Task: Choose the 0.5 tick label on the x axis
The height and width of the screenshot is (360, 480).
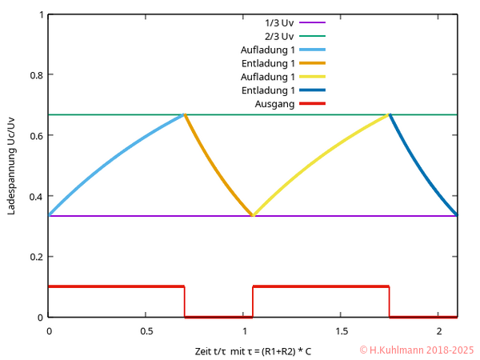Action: pyautogui.click(x=146, y=330)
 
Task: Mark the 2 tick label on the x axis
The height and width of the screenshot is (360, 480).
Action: pyautogui.click(x=438, y=330)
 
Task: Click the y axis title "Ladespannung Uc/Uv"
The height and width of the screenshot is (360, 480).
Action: pyautogui.click(x=11, y=166)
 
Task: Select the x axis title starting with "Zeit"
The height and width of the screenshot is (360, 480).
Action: pyautogui.click(x=252, y=351)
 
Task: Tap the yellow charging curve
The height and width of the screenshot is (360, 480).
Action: pyautogui.click(x=320, y=157)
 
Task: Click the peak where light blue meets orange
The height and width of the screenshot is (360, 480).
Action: pyautogui.click(x=185, y=114)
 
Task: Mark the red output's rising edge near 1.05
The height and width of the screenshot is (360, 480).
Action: pyautogui.click(x=253, y=302)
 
